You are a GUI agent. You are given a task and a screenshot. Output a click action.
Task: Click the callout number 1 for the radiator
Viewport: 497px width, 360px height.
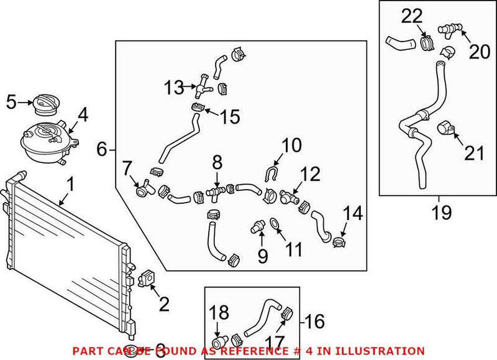(x=70, y=185)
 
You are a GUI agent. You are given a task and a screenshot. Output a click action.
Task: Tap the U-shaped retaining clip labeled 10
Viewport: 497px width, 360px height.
(x=271, y=175)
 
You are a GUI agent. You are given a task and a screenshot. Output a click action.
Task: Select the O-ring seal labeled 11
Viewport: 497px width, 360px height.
(x=274, y=223)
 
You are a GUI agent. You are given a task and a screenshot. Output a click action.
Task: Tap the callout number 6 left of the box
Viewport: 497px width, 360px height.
(x=103, y=149)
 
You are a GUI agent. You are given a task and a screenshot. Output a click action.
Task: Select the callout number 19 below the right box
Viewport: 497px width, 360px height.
(x=442, y=213)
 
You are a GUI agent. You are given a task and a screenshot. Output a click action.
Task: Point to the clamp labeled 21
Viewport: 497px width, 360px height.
(x=445, y=128)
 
